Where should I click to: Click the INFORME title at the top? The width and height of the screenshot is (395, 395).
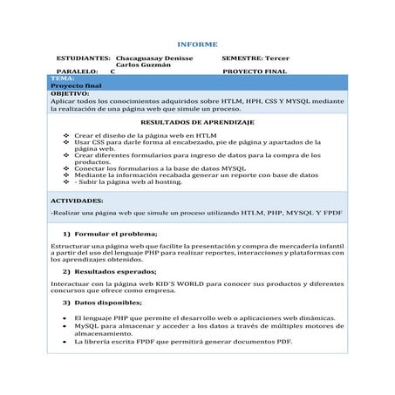[197, 44]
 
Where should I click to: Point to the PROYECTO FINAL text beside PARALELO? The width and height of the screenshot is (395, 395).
[255, 72]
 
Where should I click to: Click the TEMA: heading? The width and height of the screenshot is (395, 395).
[62, 78]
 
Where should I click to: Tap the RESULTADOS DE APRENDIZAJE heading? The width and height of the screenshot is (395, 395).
[197, 123]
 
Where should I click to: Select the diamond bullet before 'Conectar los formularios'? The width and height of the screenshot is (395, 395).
[67, 167]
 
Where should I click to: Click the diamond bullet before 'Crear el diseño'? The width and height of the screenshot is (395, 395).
[67, 136]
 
